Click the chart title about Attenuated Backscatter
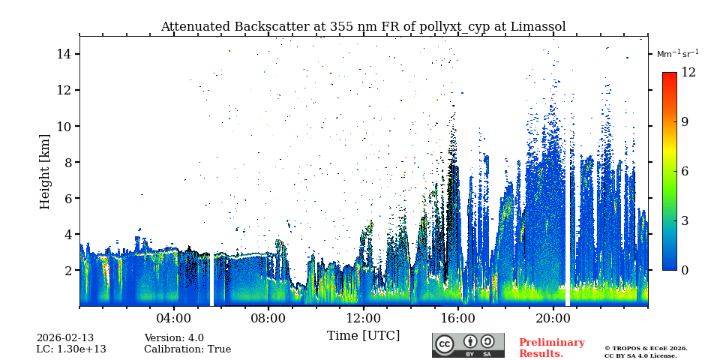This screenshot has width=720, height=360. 363,27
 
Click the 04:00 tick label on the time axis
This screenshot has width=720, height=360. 174,318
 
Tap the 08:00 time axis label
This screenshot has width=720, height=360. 268,318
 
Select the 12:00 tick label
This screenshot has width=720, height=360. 363,318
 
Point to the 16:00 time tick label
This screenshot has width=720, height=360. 458,318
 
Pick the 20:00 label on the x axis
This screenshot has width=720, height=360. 553,318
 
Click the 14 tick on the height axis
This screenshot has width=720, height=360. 63,54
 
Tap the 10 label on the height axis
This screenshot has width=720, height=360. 63,126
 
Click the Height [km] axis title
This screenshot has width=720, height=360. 45,171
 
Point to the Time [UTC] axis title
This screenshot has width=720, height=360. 363,335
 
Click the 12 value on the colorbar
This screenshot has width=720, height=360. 688,73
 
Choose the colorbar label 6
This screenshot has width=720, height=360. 684,171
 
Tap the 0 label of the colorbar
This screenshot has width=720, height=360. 684,270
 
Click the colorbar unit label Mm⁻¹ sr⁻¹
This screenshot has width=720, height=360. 677,54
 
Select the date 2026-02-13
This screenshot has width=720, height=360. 65,338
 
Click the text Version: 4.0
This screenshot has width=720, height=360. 174,338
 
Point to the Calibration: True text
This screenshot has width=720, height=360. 187,349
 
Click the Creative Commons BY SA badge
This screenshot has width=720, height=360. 468,345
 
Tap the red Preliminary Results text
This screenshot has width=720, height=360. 551,348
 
